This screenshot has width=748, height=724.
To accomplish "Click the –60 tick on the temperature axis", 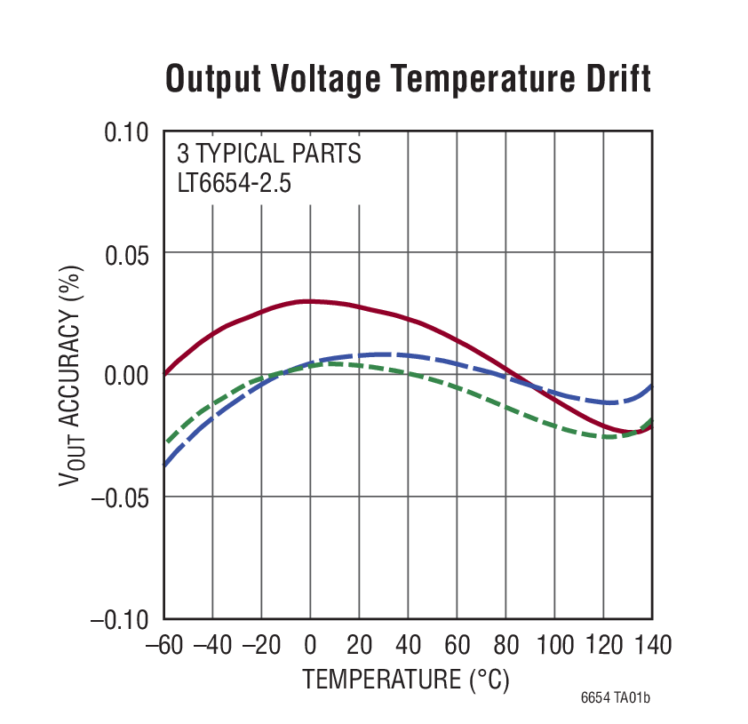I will (x=163, y=643).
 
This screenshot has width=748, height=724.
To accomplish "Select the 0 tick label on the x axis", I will (x=311, y=643).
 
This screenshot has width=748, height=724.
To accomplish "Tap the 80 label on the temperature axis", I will (x=505, y=643).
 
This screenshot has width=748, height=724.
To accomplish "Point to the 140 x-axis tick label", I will (x=652, y=643).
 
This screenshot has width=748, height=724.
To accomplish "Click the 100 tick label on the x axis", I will (x=554, y=643).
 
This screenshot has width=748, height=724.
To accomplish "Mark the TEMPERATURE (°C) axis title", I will (x=406, y=680).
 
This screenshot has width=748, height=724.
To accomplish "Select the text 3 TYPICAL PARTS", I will (x=268, y=154).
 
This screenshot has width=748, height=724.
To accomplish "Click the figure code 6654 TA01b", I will (x=616, y=698).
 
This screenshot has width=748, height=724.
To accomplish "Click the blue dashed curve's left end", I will (x=165, y=464).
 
